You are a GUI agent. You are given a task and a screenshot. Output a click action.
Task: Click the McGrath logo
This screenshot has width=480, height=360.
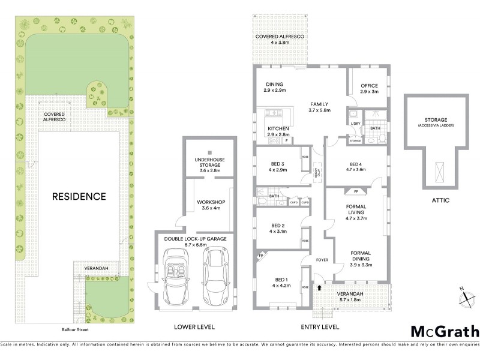click(x=445, y=331)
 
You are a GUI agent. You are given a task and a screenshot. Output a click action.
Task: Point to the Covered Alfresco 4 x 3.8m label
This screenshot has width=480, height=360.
click(x=280, y=40)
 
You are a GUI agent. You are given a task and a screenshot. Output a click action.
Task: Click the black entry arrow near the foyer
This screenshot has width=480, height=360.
click(x=319, y=287)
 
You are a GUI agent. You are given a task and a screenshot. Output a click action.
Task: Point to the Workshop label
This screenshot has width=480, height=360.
click(x=210, y=205)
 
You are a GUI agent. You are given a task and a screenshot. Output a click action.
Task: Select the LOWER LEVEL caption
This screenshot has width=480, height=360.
click(x=194, y=327)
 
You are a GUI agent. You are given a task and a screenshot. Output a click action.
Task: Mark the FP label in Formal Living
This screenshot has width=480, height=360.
click(x=356, y=192)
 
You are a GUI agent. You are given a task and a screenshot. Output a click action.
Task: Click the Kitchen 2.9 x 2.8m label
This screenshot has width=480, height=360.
click(x=278, y=132)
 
